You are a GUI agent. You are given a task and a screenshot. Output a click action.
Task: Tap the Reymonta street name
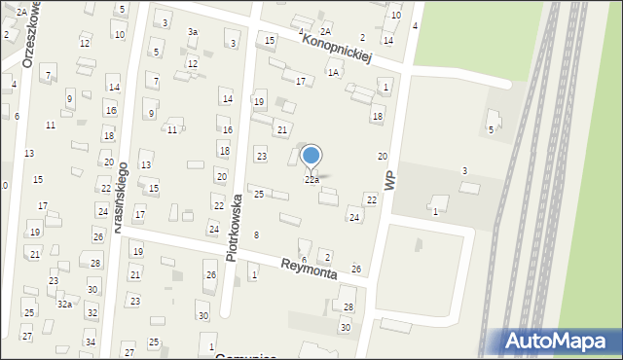(309, 270)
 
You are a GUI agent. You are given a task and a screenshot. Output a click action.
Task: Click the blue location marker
(311, 156)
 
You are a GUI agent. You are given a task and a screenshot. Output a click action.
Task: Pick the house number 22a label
(311, 180)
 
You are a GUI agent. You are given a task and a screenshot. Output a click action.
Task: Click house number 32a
(64, 304)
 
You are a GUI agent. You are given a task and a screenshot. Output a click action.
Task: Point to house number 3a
(193, 32)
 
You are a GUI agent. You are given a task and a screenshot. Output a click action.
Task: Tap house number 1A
(333, 73)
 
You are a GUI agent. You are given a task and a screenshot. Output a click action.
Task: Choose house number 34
(90, 342)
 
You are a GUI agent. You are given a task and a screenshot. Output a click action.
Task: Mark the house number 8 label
(256, 235)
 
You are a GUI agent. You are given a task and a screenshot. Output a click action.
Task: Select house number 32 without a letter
(92, 312)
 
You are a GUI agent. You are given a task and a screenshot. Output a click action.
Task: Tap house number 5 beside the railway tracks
(491, 129)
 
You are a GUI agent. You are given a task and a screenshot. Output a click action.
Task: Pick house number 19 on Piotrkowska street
(258, 101)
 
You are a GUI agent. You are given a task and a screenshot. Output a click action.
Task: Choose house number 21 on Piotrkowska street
(282, 129)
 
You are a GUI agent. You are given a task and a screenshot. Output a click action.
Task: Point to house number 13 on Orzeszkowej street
(29, 154)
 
